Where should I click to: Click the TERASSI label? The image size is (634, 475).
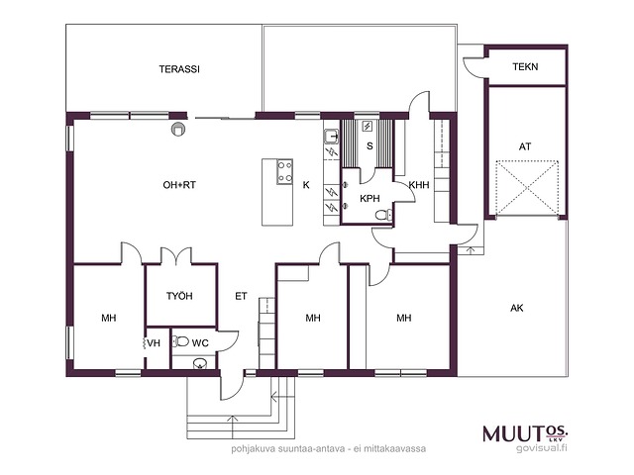pyautogui.click(x=179, y=69)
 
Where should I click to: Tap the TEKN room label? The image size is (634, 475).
pyautogui.click(x=525, y=66)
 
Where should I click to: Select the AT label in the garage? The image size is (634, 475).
pyautogui.click(x=525, y=146)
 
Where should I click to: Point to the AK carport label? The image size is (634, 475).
pyautogui.click(x=517, y=308)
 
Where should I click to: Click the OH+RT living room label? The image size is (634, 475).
pyautogui.click(x=179, y=185)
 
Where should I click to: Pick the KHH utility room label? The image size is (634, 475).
pyautogui.click(x=419, y=185)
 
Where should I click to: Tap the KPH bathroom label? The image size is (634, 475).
pyautogui.click(x=370, y=198)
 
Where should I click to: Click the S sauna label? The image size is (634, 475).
pyautogui.click(x=370, y=145)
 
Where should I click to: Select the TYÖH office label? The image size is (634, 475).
pyautogui.click(x=179, y=296)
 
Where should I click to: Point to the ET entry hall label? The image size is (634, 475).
pyautogui.click(x=241, y=297)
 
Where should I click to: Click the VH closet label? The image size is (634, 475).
pyautogui.click(x=154, y=343)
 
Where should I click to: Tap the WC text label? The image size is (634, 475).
pyautogui.click(x=200, y=343)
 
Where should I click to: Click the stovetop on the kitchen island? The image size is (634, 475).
pyautogui.click(x=284, y=171)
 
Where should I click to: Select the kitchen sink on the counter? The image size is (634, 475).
pyautogui.click(x=332, y=137)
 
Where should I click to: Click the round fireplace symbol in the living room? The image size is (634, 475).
pyautogui.click(x=178, y=129)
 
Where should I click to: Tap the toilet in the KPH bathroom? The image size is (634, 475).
pyautogui.click(x=383, y=215)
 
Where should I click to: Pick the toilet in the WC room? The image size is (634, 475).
pyautogui.click(x=180, y=341)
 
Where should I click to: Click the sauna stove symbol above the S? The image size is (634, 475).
pyautogui.click(x=368, y=127)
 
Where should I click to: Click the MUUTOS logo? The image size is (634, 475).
pyautogui.click(x=526, y=433)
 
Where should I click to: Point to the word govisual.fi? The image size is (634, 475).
pyautogui.click(x=542, y=448)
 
